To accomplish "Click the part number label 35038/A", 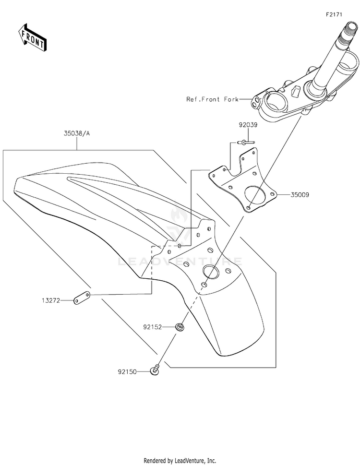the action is click(x=76, y=133).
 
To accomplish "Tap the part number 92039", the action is click(x=248, y=125).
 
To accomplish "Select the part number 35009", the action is click(x=300, y=195).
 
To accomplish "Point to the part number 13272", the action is click(x=51, y=301).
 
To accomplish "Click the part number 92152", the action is click(x=153, y=327).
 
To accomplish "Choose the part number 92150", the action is click(x=127, y=372).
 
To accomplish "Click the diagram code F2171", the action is click(x=334, y=14).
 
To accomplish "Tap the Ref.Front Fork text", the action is click(x=212, y=99).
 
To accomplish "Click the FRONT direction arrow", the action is click(x=32, y=37).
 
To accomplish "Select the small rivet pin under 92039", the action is click(x=246, y=143).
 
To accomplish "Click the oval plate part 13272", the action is click(x=82, y=298).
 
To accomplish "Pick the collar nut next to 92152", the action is click(x=179, y=327).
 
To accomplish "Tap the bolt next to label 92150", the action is click(x=155, y=370).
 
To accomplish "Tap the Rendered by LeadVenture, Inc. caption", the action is click(x=180, y=461).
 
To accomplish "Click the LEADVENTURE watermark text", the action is click(x=180, y=262).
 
